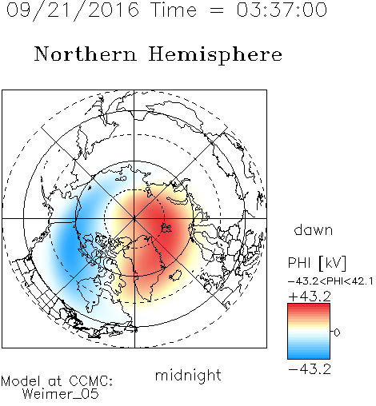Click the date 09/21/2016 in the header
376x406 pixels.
tap(72, 10)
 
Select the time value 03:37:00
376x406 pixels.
tap(282, 10)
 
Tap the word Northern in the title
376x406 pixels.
tap(86, 54)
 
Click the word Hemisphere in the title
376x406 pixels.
tap(215, 55)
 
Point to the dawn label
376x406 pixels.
tap(314, 230)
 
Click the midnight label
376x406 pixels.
tap(188, 375)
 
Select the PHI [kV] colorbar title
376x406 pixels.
tap(317, 263)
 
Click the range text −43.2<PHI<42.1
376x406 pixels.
tap(330, 281)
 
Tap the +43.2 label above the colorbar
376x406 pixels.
tap(310, 297)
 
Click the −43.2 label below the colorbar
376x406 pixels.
tap(310, 369)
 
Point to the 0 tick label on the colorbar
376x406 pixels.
tap(337, 332)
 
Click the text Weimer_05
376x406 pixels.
tap(61, 394)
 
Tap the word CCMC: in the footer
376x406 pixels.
tap(91, 381)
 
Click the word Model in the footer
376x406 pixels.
tap(21, 381)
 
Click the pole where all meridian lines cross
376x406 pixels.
tap(134, 219)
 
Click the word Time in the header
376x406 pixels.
tap(174, 10)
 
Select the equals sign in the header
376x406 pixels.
tap(217, 10)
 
